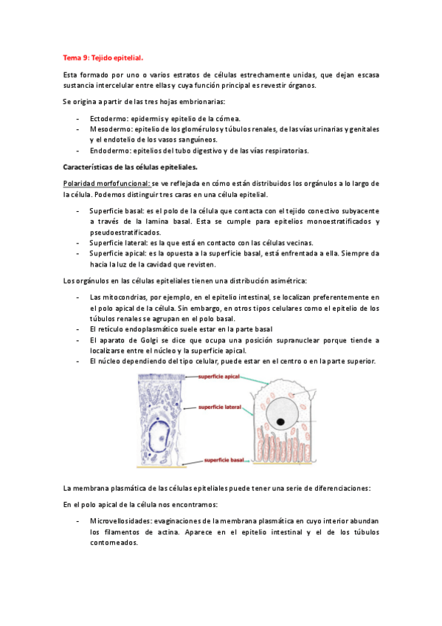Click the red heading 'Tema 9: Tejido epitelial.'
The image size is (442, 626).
pos(103,56)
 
